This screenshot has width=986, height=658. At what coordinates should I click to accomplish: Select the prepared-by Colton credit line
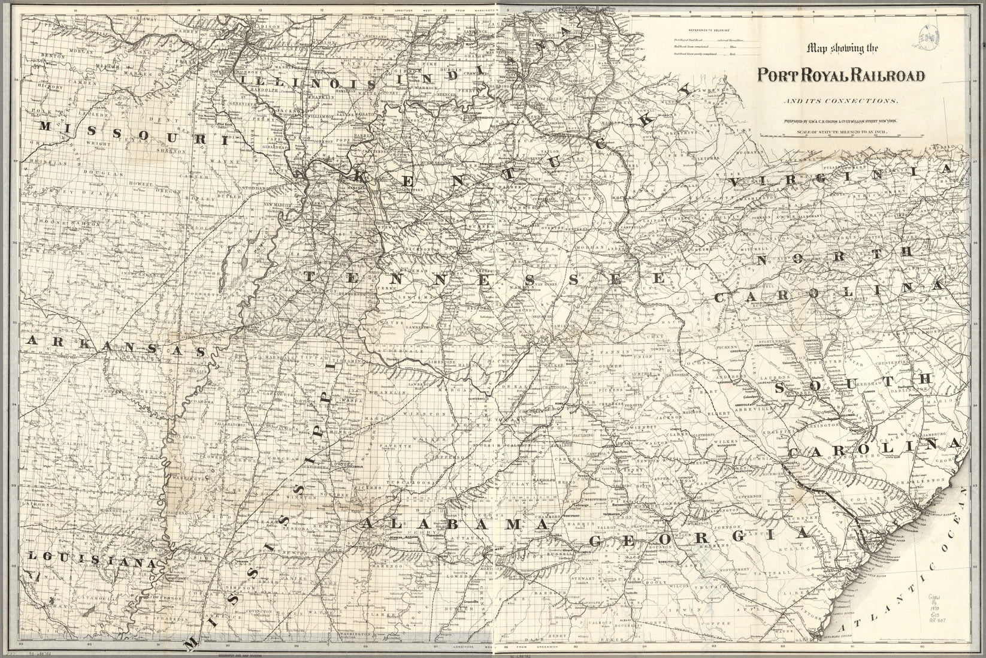click(838, 122)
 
